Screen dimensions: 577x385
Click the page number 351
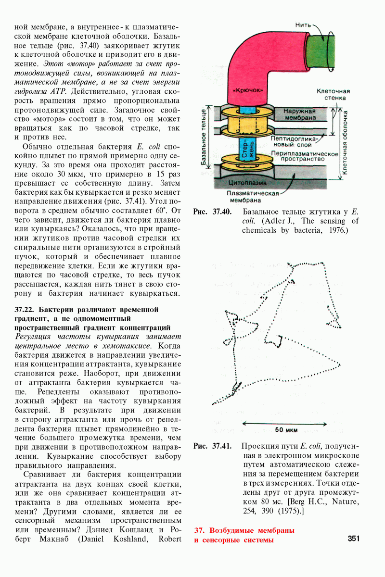353,539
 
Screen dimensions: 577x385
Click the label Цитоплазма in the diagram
247,183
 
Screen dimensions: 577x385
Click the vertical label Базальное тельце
204,137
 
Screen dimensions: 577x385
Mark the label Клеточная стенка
333,94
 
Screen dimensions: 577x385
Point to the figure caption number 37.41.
222,446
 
